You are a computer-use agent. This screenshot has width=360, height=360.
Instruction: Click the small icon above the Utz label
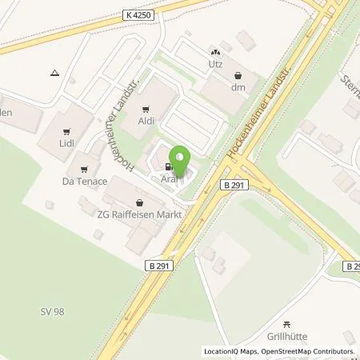tap(214, 50)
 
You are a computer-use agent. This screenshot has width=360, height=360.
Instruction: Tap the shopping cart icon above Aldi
tap(146, 110)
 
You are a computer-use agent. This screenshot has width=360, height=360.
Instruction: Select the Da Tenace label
tap(83, 181)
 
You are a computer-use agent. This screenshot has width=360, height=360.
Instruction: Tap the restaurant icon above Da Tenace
tap(83, 169)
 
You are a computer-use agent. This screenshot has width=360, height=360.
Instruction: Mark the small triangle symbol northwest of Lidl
tap(54, 73)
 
